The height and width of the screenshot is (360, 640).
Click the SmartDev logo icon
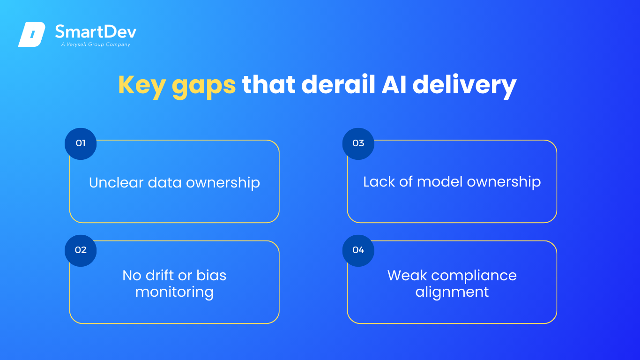pyautogui.click(x=32, y=34)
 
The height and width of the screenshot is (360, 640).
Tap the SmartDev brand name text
pyautogui.click(x=96, y=31)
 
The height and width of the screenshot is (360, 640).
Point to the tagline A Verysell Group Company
pyautogui.click(x=96, y=45)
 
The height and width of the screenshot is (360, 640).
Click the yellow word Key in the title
pyautogui.click(x=141, y=85)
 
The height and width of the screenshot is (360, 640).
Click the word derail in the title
pyautogui.click(x=338, y=84)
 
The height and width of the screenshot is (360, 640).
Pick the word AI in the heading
pyautogui.click(x=394, y=85)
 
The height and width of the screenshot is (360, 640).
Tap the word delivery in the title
pyautogui.click(x=464, y=86)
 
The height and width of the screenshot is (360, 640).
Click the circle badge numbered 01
pyautogui.click(x=81, y=144)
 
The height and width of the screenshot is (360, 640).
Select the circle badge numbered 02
pyautogui.click(x=81, y=251)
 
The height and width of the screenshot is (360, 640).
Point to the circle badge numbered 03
pyautogui.click(x=358, y=144)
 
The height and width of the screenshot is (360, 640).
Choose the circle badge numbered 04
pyautogui.click(x=358, y=251)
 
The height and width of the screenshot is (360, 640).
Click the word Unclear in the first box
pyautogui.click(x=116, y=182)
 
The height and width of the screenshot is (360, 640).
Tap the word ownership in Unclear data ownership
pyautogui.click(x=223, y=183)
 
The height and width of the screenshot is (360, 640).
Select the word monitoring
pyautogui.click(x=174, y=292)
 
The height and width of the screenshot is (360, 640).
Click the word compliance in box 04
pyautogui.click(x=474, y=276)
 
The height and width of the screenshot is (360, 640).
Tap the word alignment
pyautogui.click(x=452, y=292)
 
